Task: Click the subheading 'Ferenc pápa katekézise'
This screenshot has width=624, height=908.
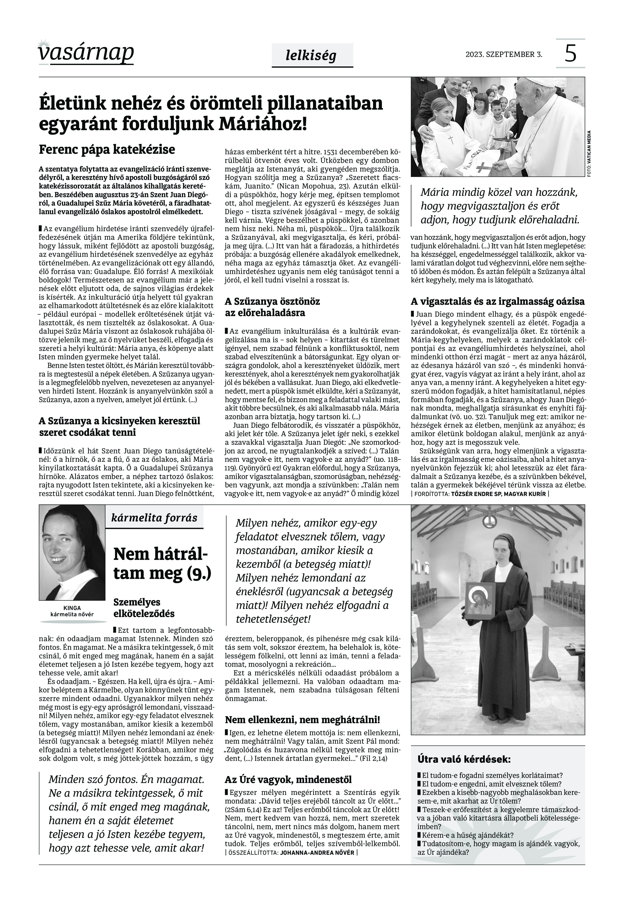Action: pos(107,150)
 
